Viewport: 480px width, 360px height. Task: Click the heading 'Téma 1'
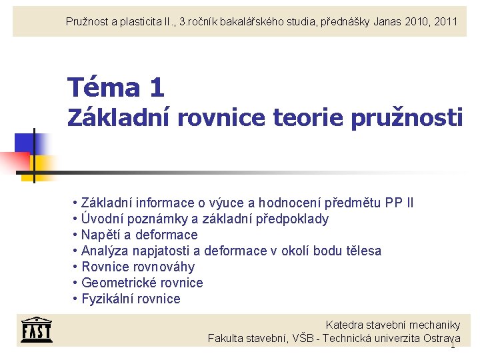[x=116, y=87]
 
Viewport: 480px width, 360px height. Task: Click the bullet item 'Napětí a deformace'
[x=139, y=235]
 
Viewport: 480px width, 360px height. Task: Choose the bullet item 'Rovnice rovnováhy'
[x=138, y=267]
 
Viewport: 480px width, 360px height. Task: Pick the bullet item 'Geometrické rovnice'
[x=142, y=283]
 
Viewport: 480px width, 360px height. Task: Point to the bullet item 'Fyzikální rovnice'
[x=131, y=299]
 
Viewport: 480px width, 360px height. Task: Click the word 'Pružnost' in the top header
[x=87, y=21]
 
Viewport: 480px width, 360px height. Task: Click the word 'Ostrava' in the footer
[x=442, y=338]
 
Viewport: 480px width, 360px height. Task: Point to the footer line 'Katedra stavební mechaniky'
[x=393, y=325]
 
